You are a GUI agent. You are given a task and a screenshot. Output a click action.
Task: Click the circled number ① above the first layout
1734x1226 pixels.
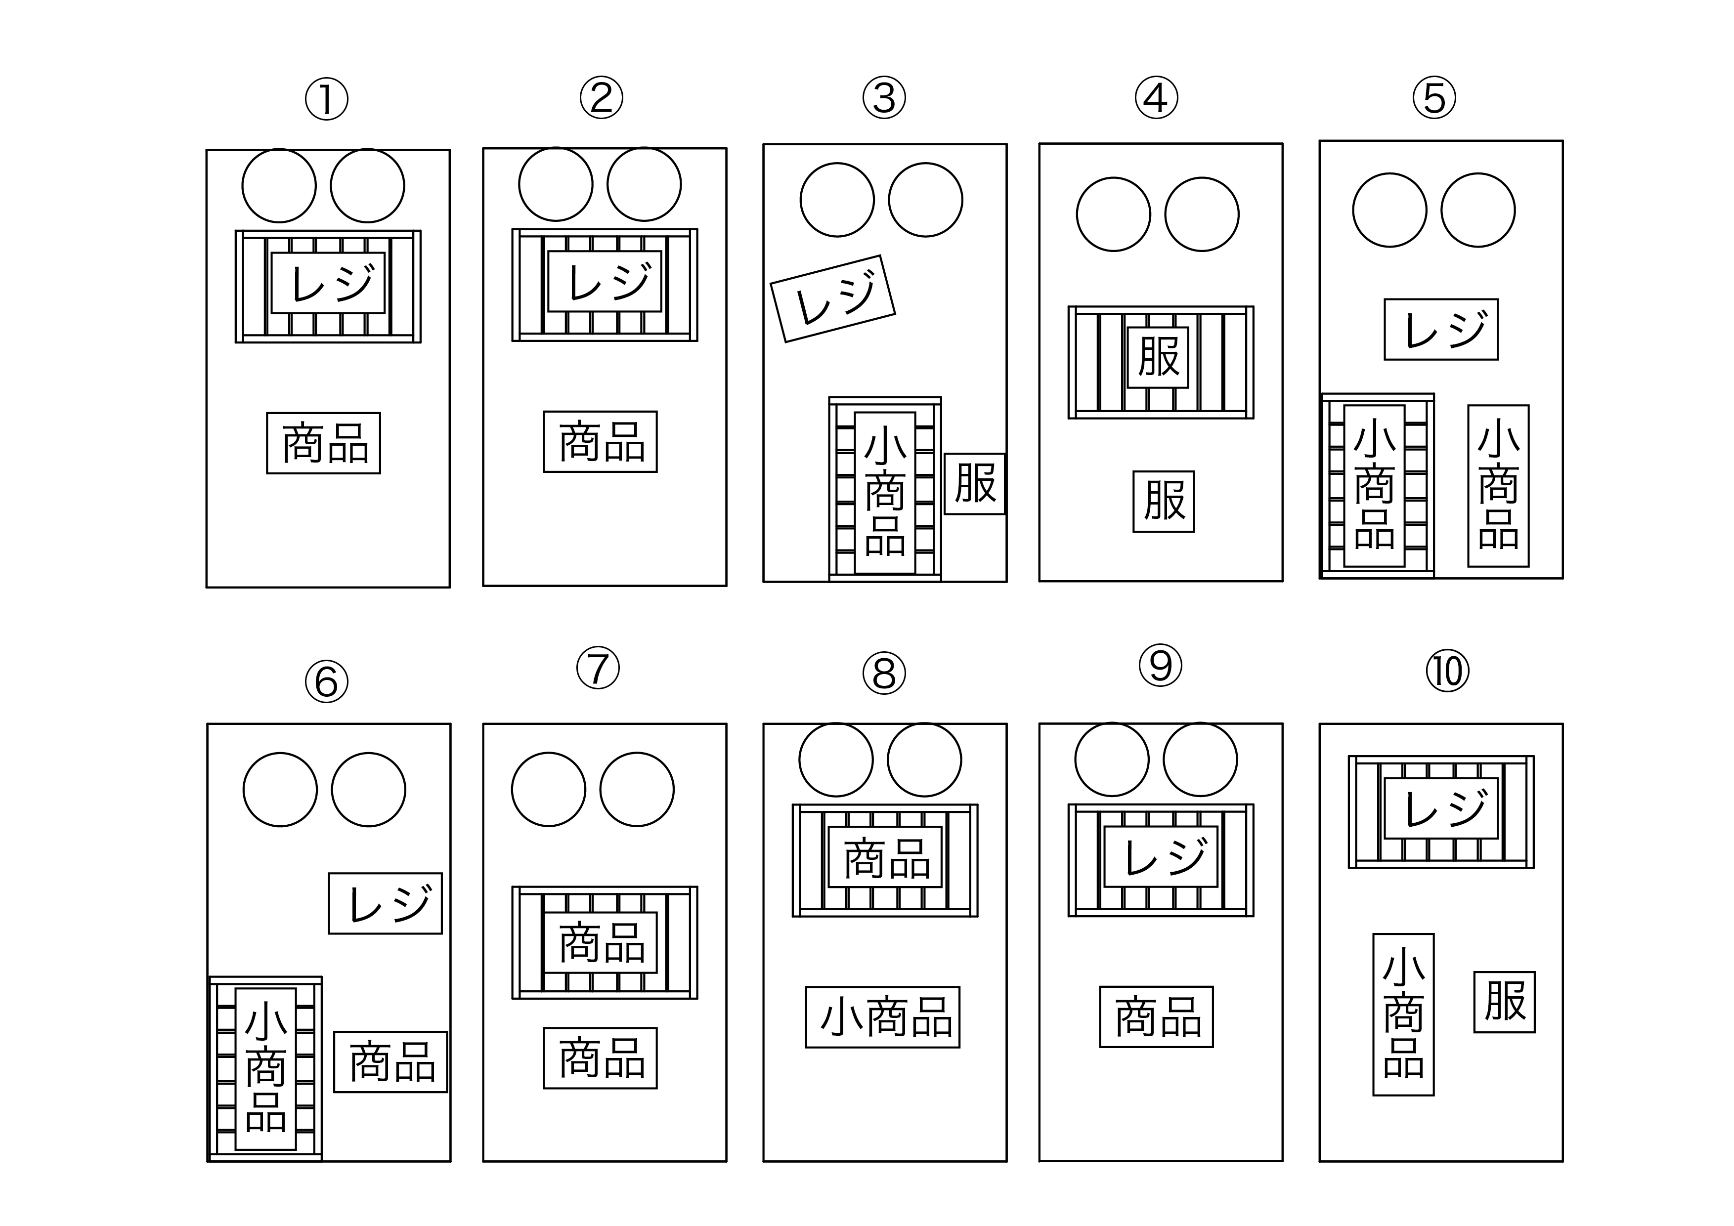tap(326, 100)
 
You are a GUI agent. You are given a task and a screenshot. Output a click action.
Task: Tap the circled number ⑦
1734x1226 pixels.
tap(598, 668)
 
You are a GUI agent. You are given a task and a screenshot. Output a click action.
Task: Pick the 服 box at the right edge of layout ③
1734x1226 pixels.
tap(974, 484)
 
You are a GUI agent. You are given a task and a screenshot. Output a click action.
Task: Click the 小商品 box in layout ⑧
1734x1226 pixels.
tap(882, 1017)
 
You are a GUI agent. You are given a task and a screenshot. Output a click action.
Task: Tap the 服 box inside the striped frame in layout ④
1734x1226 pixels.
tap(1158, 357)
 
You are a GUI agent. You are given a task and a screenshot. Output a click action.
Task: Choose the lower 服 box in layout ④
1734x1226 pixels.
tap(1163, 501)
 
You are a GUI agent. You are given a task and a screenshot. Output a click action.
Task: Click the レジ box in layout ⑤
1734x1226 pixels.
tap(1440, 329)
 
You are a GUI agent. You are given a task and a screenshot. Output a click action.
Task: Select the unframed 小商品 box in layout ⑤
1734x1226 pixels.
tap(1498, 485)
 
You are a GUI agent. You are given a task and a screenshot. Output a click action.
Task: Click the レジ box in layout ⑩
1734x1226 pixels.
tap(1440, 808)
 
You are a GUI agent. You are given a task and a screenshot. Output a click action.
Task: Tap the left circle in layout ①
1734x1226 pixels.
tap(279, 186)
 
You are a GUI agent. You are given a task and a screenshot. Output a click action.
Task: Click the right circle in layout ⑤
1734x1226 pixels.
tap(1477, 210)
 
